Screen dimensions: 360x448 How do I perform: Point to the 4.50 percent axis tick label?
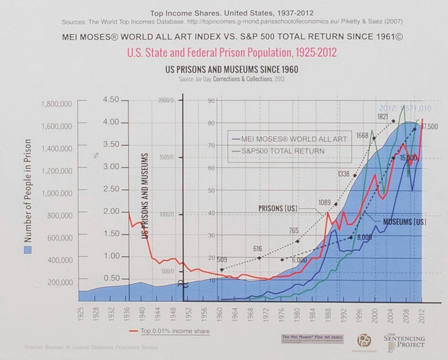pyautogui.click(x=111, y=100)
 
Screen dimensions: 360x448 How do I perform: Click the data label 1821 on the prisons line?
pyautogui.click(x=383, y=116)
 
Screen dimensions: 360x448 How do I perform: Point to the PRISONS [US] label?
pyautogui.click(x=278, y=208)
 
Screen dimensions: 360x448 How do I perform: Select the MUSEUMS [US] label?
pyautogui.click(x=404, y=221)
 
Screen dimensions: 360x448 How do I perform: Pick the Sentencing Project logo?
pyautogui.click(x=404, y=341)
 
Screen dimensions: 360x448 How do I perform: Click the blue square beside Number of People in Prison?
pyautogui.click(x=27, y=250)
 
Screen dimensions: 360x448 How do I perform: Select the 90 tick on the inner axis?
pyautogui.click(x=212, y=100)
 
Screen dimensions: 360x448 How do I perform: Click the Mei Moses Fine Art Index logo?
pyautogui.click(x=312, y=339)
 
